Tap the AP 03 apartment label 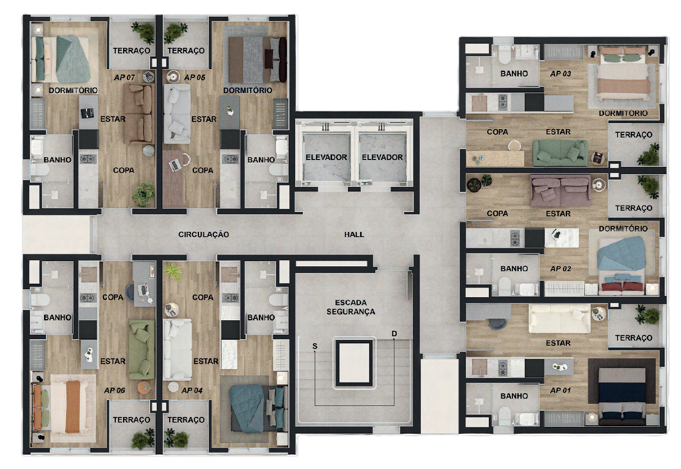(560, 74)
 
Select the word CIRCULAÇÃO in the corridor (203, 234)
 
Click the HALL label (354, 234)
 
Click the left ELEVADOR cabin (326, 157)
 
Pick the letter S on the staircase (315, 347)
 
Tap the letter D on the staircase (394, 334)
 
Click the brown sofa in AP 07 (138, 113)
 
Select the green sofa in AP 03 (560, 152)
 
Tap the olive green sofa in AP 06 (141, 349)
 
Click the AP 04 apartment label (192, 390)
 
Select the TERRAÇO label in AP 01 (634, 338)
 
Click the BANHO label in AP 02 (514, 268)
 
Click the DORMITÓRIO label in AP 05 (247, 90)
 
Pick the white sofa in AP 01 (560, 318)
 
